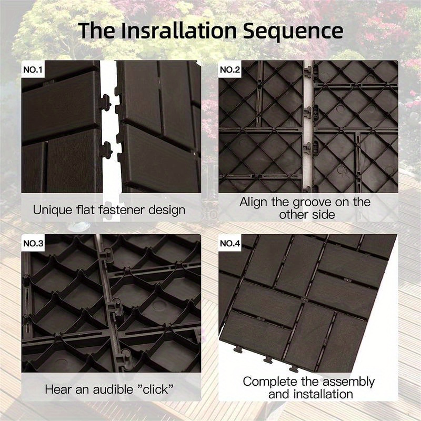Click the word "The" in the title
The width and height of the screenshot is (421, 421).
point(97,31)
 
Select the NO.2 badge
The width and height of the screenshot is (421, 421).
point(229,69)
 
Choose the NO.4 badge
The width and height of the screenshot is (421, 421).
point(229,243)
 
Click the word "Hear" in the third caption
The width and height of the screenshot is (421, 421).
point(57,390)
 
